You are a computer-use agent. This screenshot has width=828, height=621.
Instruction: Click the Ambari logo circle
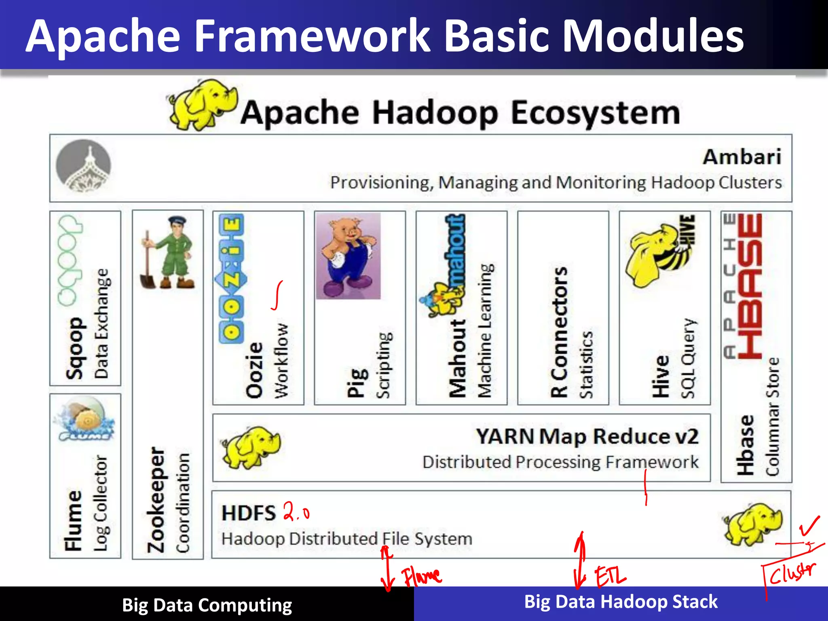tap(83, 165)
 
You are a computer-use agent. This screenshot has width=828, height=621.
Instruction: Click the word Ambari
tap(742, 157)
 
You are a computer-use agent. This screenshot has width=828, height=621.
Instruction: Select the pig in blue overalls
tap(349, 256)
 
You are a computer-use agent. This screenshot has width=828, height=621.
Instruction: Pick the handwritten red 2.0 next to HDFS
tap(296, 511)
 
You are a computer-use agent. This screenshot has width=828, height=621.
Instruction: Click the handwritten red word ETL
tap(610, 576)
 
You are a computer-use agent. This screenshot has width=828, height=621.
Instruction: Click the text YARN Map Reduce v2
tap(587, 436)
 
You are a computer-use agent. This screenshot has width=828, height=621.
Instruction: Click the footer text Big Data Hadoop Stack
tap(621, 602)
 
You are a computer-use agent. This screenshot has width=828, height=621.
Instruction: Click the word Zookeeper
tap(156, 500)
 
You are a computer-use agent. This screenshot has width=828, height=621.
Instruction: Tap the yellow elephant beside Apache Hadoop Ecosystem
tap(202, 105)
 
